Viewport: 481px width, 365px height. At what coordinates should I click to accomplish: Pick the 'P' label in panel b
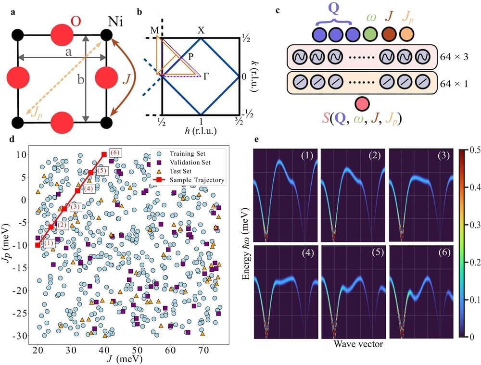point(191,56)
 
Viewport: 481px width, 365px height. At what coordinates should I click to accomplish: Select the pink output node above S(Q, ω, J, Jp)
point(362,103)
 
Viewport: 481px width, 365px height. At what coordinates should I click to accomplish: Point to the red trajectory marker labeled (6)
point(104,154)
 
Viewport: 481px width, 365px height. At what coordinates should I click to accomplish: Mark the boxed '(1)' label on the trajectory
point(50,243)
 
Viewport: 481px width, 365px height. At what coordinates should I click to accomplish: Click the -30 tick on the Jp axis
point(22,336)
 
